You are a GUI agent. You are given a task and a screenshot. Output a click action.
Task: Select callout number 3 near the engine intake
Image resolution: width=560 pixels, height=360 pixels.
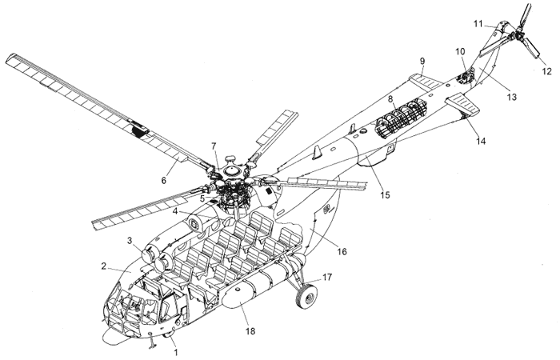[128, 240]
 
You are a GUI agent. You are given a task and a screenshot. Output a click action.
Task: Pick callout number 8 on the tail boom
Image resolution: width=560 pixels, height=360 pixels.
[390, 99]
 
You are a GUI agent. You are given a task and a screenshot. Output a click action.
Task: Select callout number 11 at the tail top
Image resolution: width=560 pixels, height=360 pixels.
[477, 24]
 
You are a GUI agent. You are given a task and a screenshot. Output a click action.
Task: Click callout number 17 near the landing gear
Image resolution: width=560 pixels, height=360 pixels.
[326, 277]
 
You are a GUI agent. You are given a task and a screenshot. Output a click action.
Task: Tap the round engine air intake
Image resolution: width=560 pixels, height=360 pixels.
[152, 258]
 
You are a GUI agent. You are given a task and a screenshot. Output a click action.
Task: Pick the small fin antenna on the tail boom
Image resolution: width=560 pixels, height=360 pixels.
[317, 151]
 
